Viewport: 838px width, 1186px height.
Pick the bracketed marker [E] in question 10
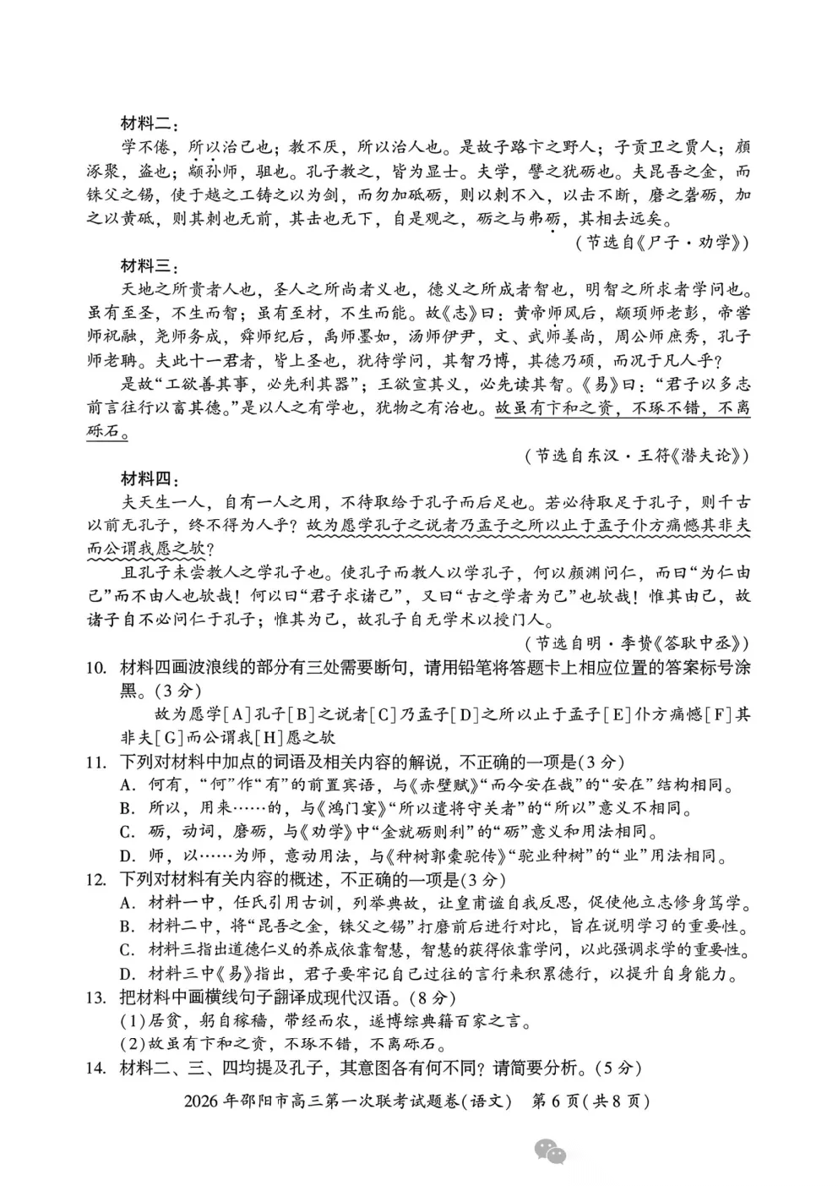[618, 715]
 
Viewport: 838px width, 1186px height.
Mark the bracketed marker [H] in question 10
[254, 738]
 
